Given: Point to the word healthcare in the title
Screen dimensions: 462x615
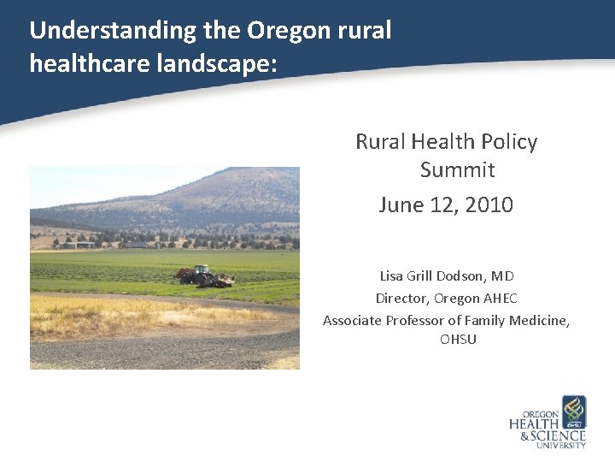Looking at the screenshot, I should [x=78, y=63].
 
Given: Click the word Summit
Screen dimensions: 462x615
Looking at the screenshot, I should [x=457, y=170].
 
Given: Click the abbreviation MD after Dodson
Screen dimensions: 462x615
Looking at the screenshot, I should [x=503, y=276].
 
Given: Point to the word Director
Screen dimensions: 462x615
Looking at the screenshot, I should [x=401, y=299].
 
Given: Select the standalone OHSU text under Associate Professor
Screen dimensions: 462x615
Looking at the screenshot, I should [x=458, y=340].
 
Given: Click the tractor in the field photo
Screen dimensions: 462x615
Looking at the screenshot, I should [x=200, y=275].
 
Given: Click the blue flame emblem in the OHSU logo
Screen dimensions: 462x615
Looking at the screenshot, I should [x=573, y=412].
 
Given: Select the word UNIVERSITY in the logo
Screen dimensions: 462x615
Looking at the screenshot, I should [x=560, y=445].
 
